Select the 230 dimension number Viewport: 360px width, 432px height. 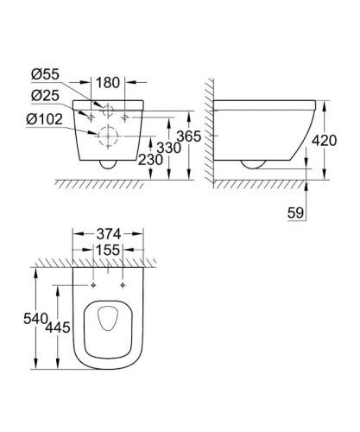click(149, 160)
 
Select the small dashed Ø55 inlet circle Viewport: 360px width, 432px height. click(109, 111)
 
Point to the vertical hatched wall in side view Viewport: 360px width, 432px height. click(209, 130)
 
